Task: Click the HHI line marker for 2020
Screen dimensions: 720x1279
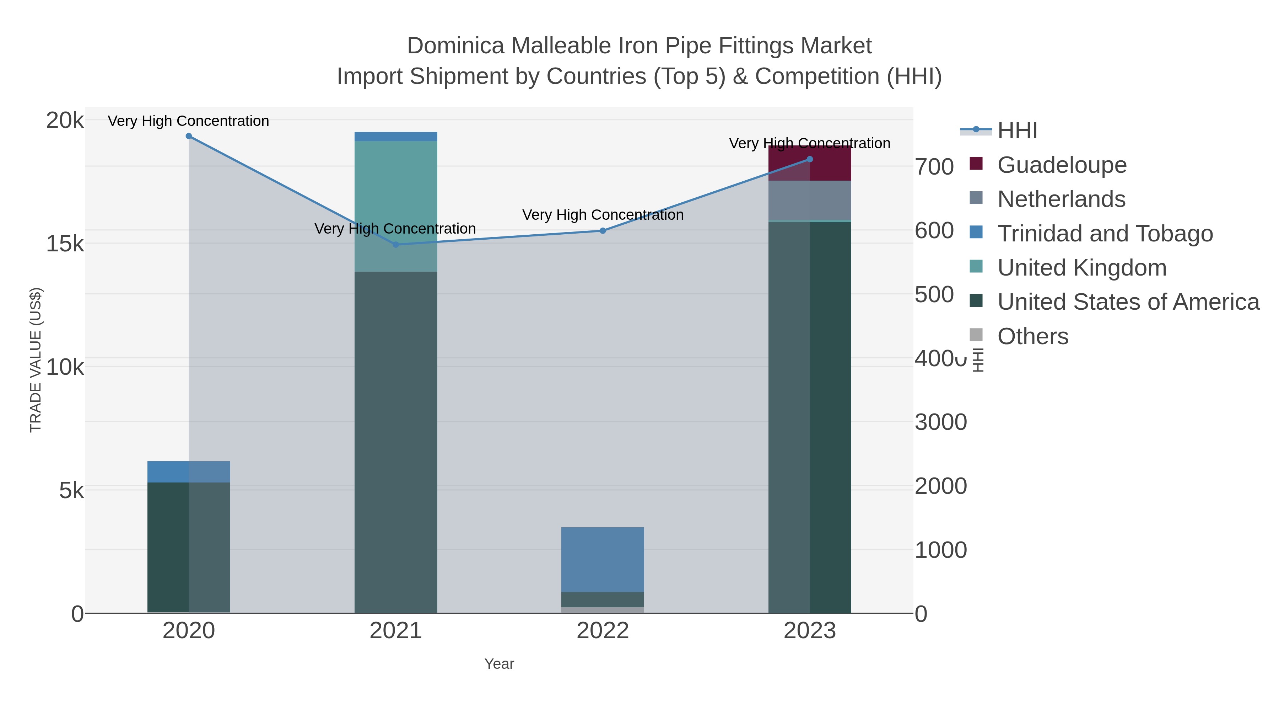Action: pyautogui.click(x=189, y=136)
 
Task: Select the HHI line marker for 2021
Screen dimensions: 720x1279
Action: pyautogui.click(x=396, y=245)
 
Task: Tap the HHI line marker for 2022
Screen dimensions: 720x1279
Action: pyautogui.click(x=603, y=230)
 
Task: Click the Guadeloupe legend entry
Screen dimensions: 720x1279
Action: pyautogui.click(x=1062, y=165)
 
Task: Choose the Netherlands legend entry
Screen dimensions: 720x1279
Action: pyautogui.click(x=1061, y=199)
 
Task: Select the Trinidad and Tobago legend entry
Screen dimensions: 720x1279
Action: pyautogui.click(x=1105, y=234)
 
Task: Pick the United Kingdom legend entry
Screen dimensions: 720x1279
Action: pyautogui.click(x=1081, y=268)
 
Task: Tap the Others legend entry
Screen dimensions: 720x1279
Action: pyautogui.click(x=1032, y=336)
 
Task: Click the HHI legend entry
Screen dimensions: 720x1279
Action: pyautogui.click(x=1017, y=131)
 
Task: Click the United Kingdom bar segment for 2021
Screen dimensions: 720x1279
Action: pyautogui.click(x=396, y=206)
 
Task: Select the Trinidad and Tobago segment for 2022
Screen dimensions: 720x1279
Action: pyautogui.click(x=603, y=560)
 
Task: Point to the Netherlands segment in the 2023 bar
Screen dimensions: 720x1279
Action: pyautogui.click(x=810, y=200)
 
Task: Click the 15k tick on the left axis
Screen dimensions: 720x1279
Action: pyautogui.click(x=65, y=244)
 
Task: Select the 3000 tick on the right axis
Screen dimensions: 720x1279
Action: pyautogui.click(x=940, y=422)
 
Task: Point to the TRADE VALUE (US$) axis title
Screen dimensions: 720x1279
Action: pyautogui.click(x=36, y=360)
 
